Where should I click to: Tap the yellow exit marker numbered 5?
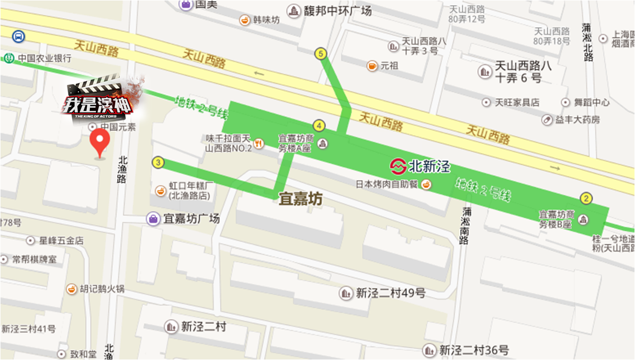(x=321, y=53)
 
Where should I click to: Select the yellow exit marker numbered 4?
(x=319, y=126)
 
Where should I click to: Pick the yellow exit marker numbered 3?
(x=158, y=163)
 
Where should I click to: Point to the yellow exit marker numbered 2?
(x=586, y=198)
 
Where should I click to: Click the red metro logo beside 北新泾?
(x=398, y=167)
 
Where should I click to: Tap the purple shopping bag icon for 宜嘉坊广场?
(x=153, y=219)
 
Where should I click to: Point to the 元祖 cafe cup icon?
(x=372, y=66)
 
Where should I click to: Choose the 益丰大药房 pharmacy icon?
(x=547, y=120)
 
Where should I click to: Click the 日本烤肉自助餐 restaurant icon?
(x=427, y=184)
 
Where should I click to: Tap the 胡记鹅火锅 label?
(x=102, y=289)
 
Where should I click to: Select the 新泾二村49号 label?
(x=391, y=294)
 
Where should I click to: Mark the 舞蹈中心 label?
(x=593, y=103)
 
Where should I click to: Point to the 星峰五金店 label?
(x=62, y=241)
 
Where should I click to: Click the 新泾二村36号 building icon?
(x=429, y=350)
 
